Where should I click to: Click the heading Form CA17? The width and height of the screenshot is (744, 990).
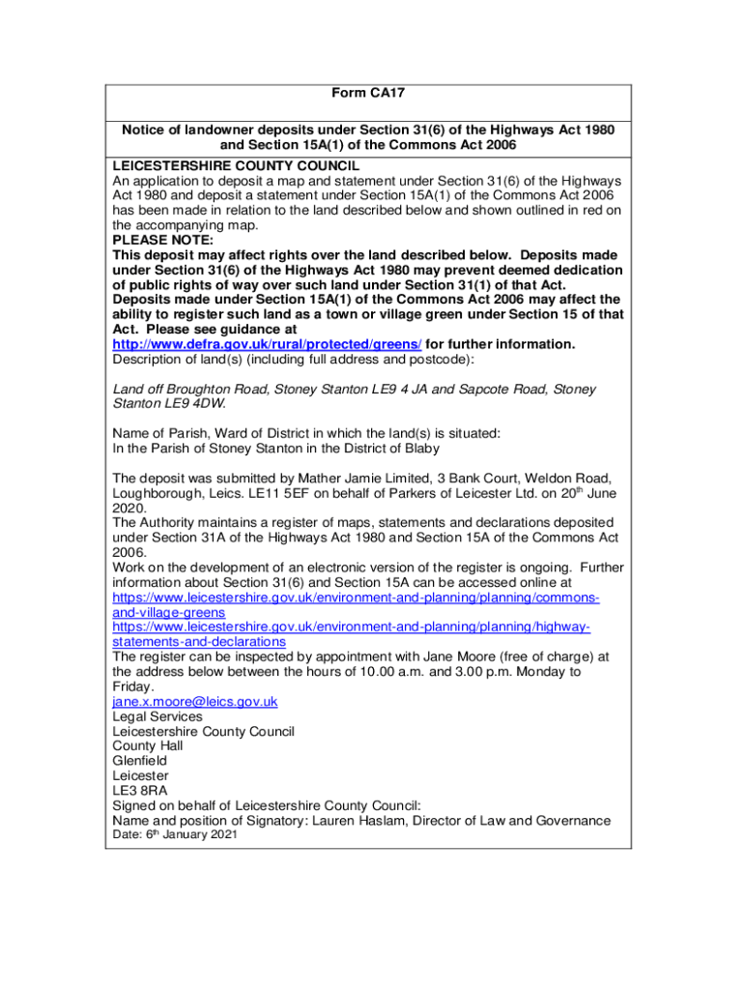pyautogui.click(x=367, y=94)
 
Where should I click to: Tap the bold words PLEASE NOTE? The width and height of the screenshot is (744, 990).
pyautogui.click(x=161, y=240)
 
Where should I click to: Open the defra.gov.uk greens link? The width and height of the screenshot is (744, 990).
pyautogui.click(x=267, y=344)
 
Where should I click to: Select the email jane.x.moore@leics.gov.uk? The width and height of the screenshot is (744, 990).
pyautogui.click(x=195, y=702)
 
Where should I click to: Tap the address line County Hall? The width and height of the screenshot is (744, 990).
pyautogui.click(x=148, y=746)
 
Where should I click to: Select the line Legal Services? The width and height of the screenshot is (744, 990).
pyautogui.click(x=157, y=716)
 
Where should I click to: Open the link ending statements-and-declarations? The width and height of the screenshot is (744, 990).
pyautogui.click(x=199, y=641)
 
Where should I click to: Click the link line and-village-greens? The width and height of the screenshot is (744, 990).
pyautogui.click(x=169, y=612)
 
